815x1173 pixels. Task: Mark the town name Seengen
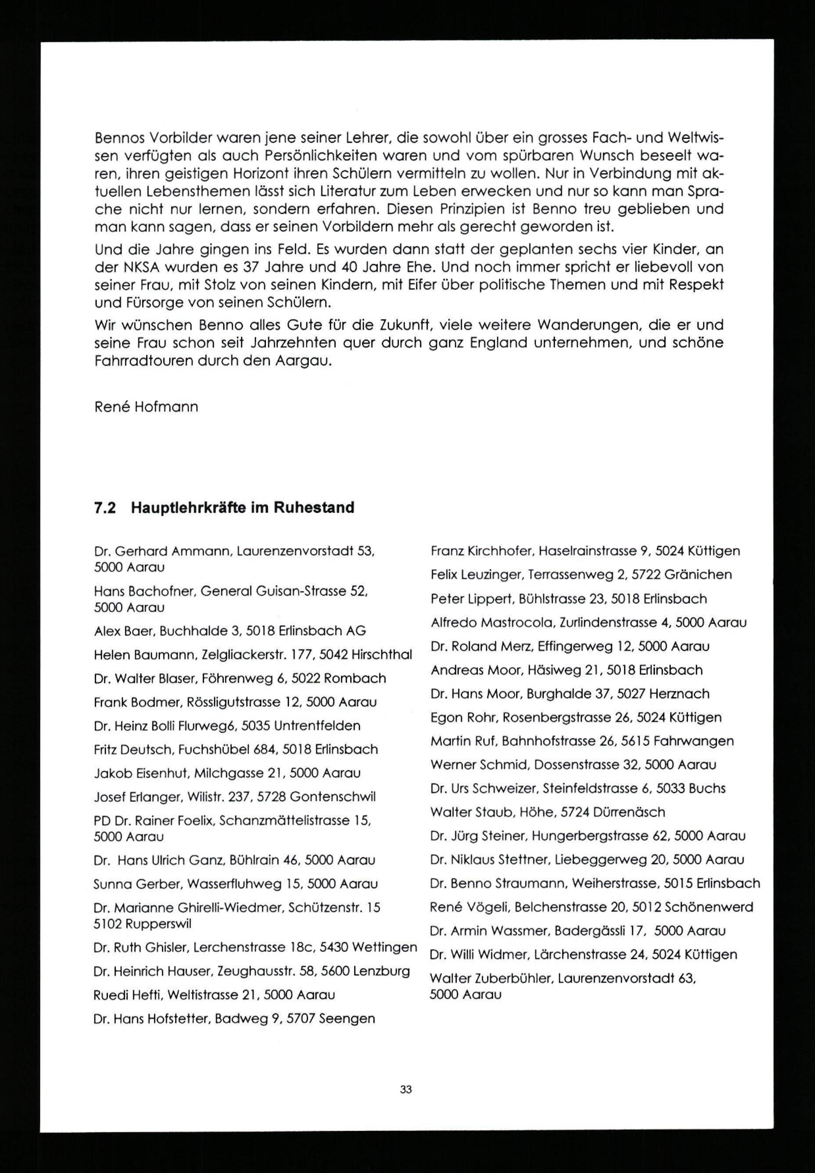347,1019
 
